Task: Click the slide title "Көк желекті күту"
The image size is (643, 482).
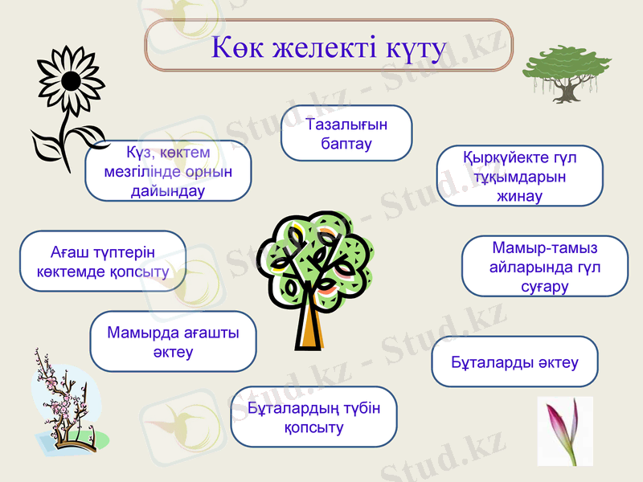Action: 328,47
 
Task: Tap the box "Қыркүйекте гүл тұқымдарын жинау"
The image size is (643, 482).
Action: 519,176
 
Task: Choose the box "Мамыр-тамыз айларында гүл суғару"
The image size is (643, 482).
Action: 545,266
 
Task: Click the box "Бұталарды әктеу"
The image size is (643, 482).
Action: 515,362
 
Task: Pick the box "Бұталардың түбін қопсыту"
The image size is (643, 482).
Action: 313,417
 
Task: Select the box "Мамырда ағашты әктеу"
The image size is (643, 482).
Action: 173,341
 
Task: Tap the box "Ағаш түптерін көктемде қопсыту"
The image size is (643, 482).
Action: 103,261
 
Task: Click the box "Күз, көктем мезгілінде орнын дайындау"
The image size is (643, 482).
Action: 168,171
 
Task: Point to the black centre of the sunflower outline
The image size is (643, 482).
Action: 71,80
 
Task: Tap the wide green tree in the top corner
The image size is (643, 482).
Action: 567,68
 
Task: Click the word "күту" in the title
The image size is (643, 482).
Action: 415,47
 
